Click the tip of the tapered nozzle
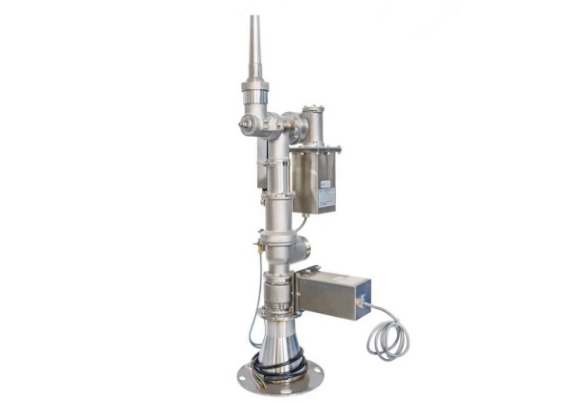pos(254,17)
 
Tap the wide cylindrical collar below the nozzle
pos(254,94)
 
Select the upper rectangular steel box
pos(315,181)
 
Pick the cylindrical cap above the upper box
pos(313,121)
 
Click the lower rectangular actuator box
pos(333,294)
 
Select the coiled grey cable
pos(387,337)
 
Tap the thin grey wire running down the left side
pos(253,316)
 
